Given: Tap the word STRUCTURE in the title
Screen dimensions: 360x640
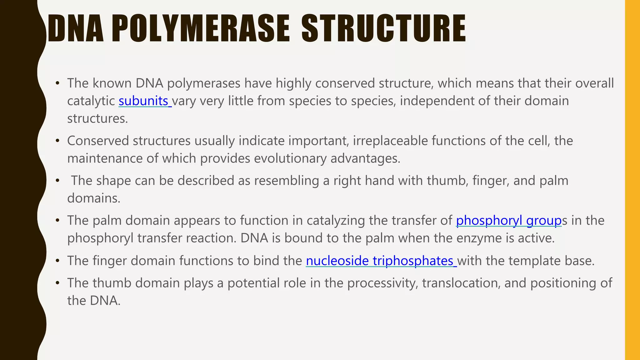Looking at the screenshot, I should tap(383, 29).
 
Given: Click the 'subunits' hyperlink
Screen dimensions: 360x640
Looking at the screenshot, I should tap(143, 101).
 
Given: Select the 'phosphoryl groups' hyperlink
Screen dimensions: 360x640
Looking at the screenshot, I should tap(509, 221).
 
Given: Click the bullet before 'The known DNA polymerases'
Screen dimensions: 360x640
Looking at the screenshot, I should tap(57, 83).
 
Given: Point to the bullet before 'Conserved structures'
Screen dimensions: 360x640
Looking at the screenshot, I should tap(57, 141).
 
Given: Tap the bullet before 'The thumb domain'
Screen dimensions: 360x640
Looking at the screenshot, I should tap(57, 283).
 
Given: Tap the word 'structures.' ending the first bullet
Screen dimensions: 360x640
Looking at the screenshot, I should tap(97, 119).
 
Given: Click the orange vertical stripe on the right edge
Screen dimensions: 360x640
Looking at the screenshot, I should tap(632, 180).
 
